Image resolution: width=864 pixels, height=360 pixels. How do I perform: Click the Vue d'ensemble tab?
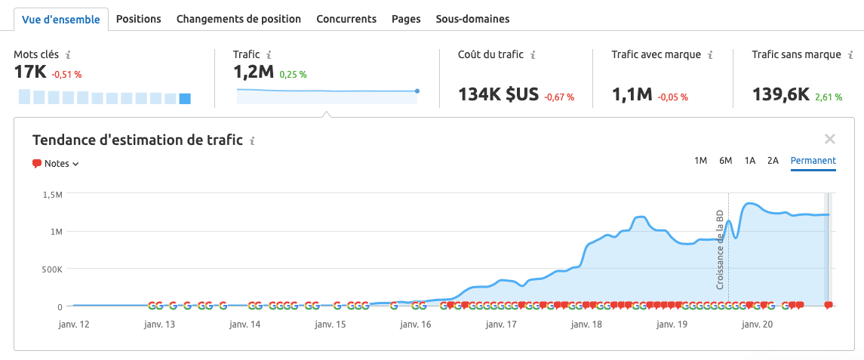tap(61, 20)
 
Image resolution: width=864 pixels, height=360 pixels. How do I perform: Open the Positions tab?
tap(139, 19)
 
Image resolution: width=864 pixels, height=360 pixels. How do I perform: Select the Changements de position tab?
tap(238, 19)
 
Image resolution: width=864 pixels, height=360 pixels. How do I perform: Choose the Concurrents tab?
tap(346, 19)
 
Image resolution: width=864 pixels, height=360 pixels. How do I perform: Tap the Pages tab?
tap(406, 19)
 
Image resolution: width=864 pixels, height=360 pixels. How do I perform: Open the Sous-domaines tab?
tap(472, 19)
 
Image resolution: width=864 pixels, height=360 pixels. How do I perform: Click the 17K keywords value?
tap(30, 72)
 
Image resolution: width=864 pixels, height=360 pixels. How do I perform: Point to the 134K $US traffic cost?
tap(498, 94)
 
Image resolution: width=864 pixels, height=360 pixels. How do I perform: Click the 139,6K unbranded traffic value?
tap(781, 94)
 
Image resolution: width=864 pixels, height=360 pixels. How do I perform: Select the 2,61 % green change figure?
tap(828, 97)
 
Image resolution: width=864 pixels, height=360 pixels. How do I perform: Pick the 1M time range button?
tap(700, 161)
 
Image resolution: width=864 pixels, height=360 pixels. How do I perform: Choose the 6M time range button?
tap(725, 161)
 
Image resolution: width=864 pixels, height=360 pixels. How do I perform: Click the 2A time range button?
tap(773, 161)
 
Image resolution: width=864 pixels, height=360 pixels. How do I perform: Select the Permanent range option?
tap(813, 161)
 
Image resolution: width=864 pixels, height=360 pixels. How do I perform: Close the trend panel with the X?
tap(830, 139)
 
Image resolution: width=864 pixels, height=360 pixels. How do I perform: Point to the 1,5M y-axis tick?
tap(52, 195)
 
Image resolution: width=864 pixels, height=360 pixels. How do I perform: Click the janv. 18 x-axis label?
tap(587, 325)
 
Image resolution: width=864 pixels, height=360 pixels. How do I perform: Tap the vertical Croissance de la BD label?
tap(720, 249)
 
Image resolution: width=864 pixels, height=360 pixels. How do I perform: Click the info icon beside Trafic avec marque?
tap(711, 55)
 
